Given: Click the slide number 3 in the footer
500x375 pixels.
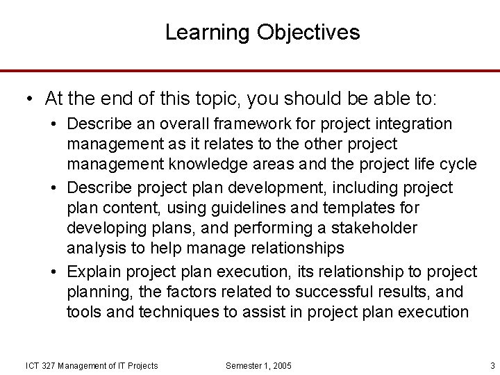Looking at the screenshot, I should tap(492, 365).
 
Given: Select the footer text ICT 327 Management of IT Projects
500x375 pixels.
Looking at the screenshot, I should tap(92, 365).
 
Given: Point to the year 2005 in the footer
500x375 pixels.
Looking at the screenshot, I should tap(281, 365).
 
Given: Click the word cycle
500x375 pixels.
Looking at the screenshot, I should tap(458, 164).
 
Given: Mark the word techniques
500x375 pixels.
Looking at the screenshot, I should tap(182, 312).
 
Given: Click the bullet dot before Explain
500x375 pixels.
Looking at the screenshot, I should tap(55, 272).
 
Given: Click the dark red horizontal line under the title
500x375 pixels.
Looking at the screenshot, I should tap(250, 70).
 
